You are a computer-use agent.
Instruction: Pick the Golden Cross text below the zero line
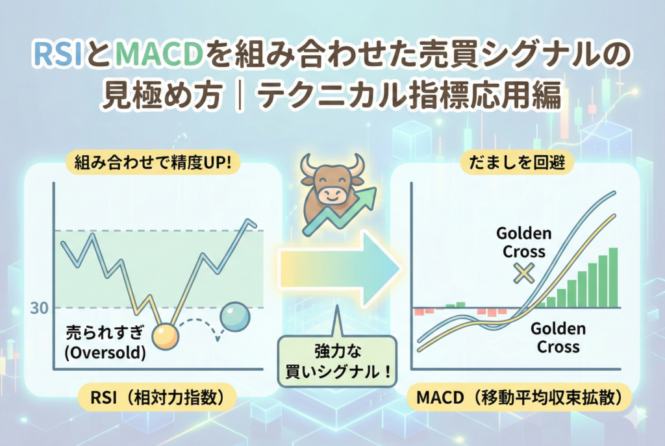point(558,338)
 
